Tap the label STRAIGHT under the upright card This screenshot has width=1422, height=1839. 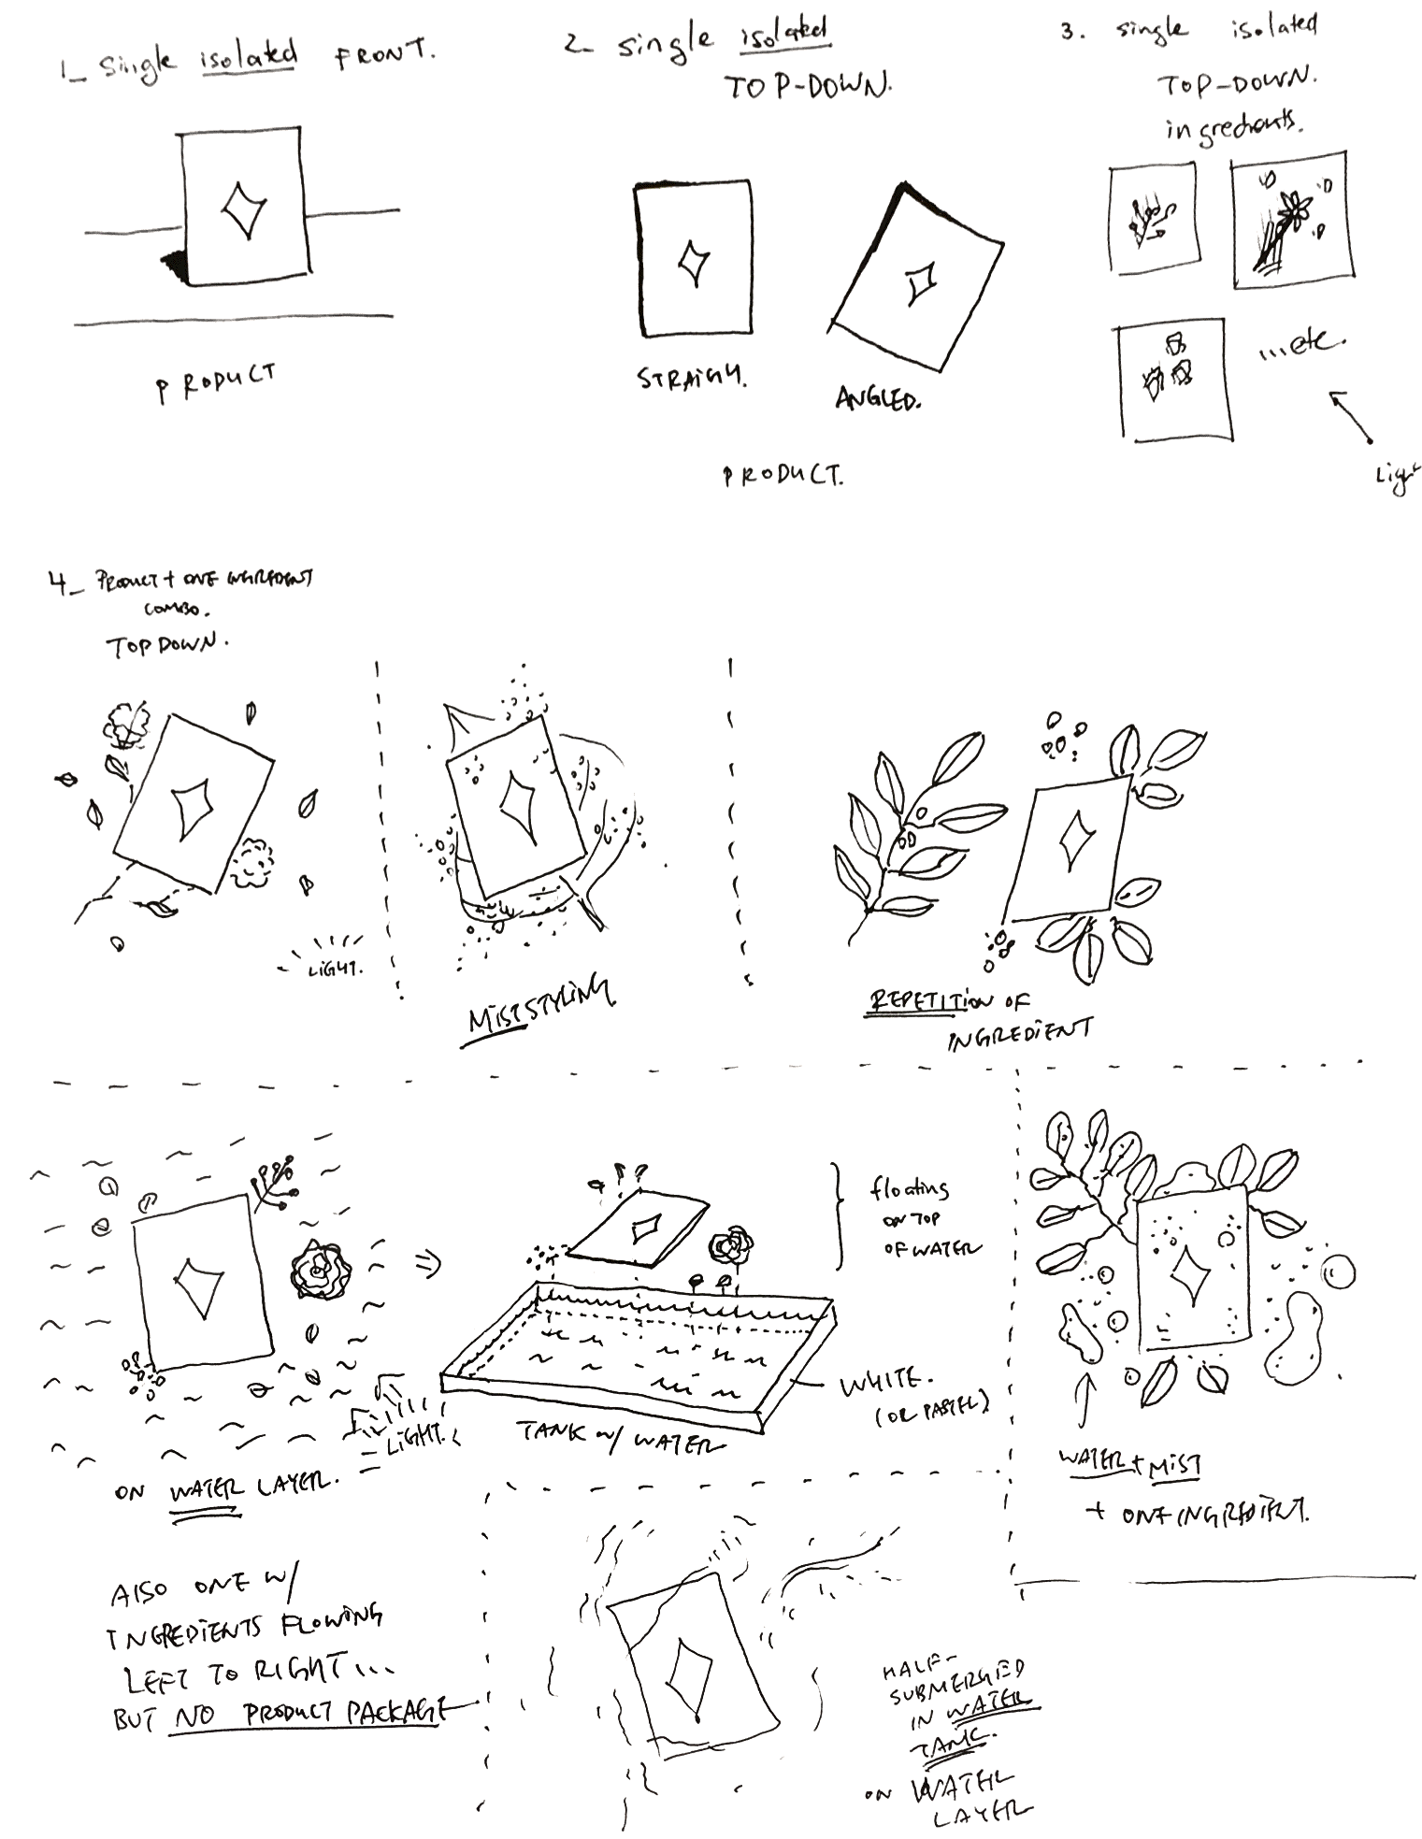[x=691, y=379]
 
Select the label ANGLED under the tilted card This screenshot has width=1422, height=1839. [x=877, y=399]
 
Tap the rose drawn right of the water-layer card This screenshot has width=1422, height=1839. [x=320, y=1270]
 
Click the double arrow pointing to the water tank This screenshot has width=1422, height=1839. [x=428, y=1265]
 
